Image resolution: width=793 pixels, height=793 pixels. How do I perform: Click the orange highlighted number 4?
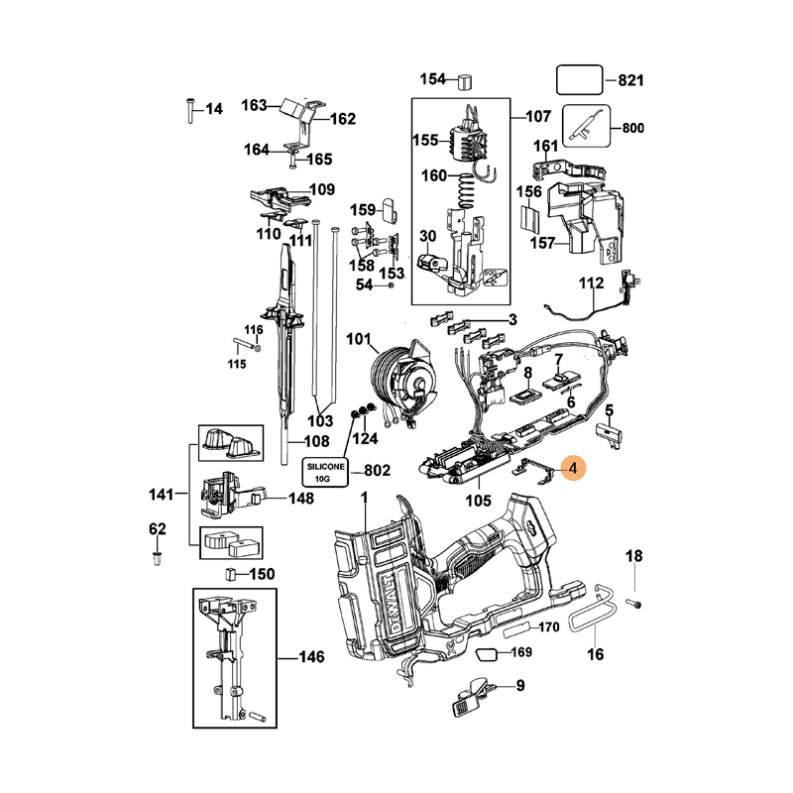coord(573,466)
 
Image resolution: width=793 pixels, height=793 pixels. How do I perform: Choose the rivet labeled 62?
coord(157,560)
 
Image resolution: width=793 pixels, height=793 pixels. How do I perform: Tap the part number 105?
coord(478,501)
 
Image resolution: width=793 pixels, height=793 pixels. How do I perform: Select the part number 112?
coord(592,283)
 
